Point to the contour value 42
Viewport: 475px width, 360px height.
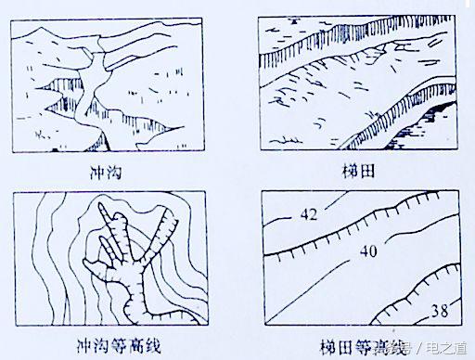(x=306, y=215)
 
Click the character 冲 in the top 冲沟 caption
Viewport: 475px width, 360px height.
(x=100, y=171)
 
